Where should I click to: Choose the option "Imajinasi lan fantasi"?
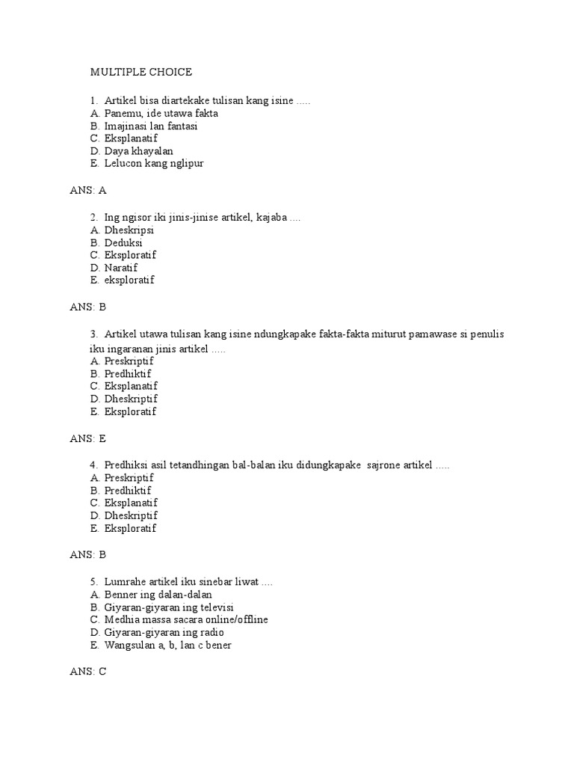coord(151,126)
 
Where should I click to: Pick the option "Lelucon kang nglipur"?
coord(154,163)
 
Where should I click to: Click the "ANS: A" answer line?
coord(88,190)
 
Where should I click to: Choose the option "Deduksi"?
coord(123,242)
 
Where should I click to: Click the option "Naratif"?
coord(121,268)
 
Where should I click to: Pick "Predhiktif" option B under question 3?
coord(128,373)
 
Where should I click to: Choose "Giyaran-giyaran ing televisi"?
coord(170,607)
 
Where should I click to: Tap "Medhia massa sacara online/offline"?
coord(186,619)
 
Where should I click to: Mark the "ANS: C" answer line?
coord(88,672)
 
